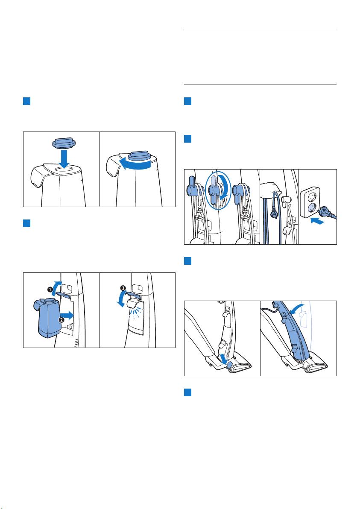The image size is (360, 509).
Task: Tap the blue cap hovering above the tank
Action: (x=64, y=142)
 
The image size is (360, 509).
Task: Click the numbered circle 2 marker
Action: (x=61, y=320)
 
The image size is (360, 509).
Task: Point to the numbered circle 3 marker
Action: (x=123, y=288)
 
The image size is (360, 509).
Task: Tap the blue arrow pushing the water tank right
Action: (x=67, y=314)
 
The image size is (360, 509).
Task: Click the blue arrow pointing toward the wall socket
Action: (x=318, y=222)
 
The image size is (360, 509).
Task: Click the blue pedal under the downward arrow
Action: (x=231, y=365)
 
